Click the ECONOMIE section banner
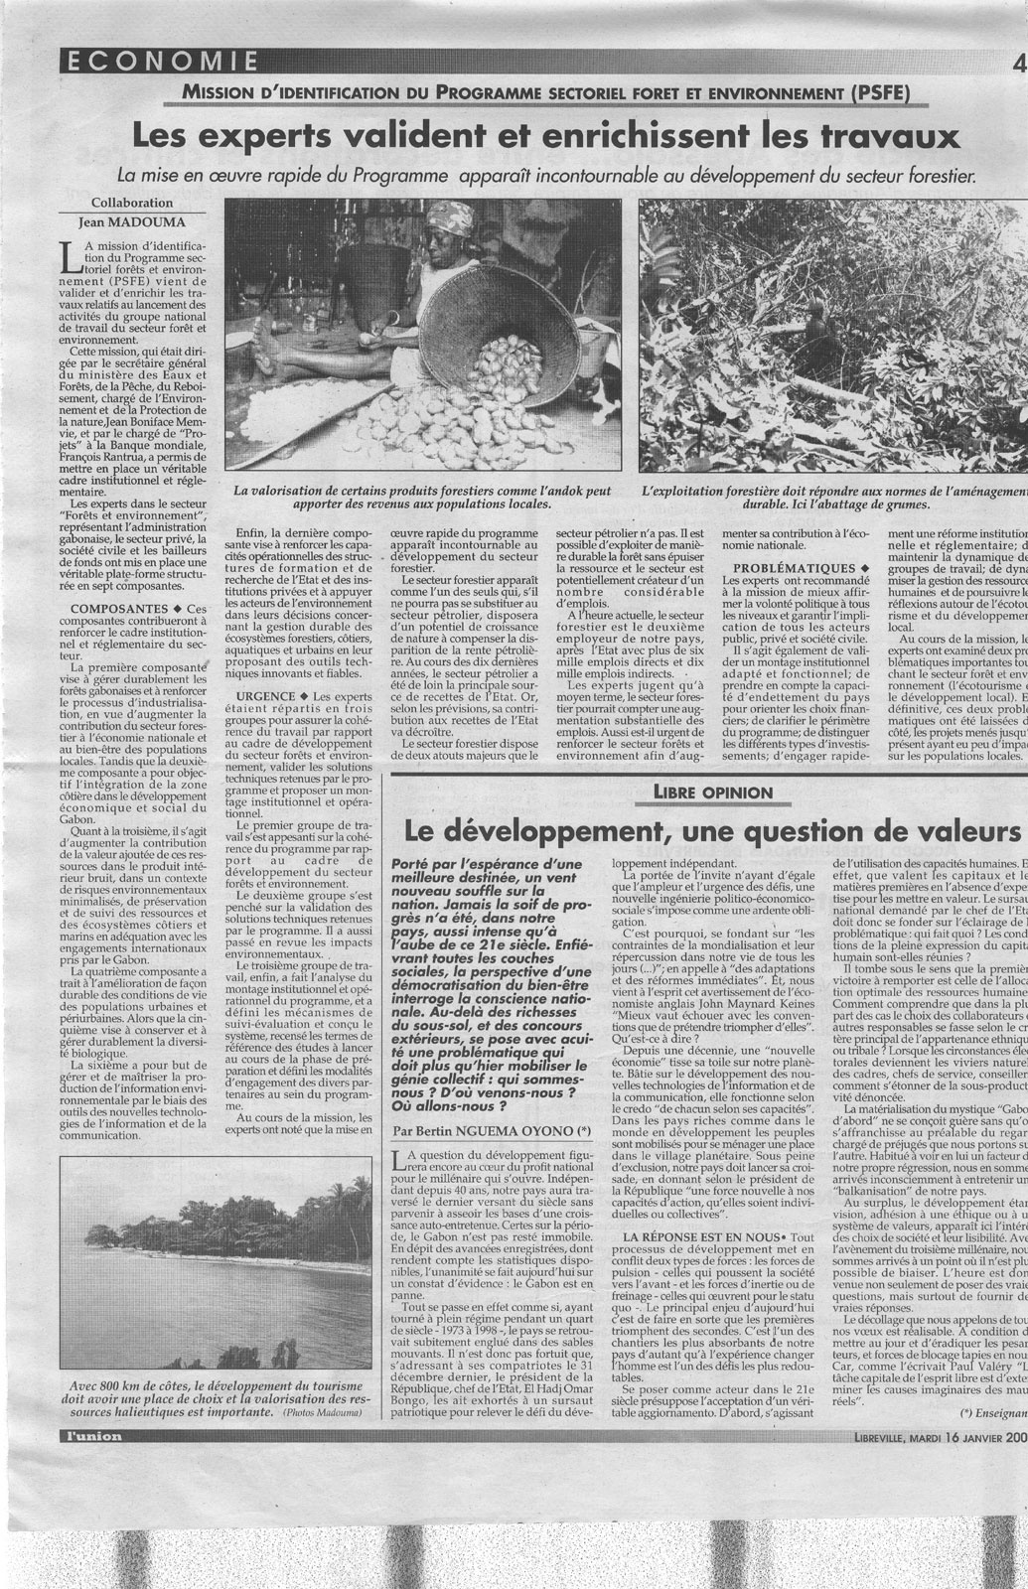pyautogui.click(x=160, y=63)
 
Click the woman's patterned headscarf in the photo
pyautogui.click(x=454, y=214)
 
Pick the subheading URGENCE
pyautogui.click(x=261, y=696)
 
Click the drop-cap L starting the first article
pyautogui.click(x=69, y=254)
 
